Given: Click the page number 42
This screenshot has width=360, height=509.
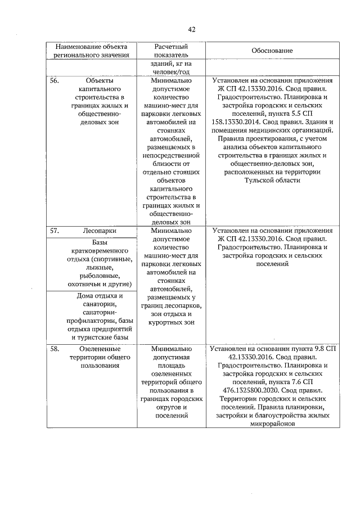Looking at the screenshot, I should click(191, 29).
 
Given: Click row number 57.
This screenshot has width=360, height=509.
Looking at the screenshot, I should click(55, 231).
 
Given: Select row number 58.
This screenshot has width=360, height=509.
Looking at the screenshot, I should click(55, 349).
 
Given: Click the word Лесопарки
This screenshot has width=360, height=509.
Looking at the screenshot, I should click(98, 231).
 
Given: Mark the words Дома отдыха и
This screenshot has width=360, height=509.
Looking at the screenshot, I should click(98, 296).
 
